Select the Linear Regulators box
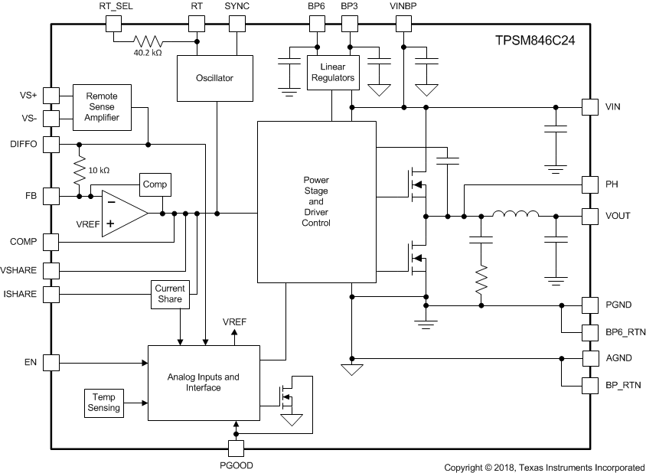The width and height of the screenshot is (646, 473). (332, 73)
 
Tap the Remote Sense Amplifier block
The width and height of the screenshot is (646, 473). (102, 107)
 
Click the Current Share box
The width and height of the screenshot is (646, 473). (169, 294)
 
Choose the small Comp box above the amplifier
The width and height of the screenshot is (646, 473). (155, 185)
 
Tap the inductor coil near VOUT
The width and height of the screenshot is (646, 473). (515, 216)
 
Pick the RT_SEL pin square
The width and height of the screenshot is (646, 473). (113, 23)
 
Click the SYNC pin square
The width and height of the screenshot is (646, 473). (237, 23)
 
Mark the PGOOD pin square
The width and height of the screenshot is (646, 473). (237, 449)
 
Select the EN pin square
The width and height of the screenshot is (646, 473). (51, 362)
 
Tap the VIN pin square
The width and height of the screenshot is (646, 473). (589, 106)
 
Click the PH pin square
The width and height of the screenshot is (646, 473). (589, 184)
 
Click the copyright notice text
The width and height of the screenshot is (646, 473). (544, 466)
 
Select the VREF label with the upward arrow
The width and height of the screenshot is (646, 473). (234, 322)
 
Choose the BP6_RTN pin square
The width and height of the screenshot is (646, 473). (589, 333)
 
